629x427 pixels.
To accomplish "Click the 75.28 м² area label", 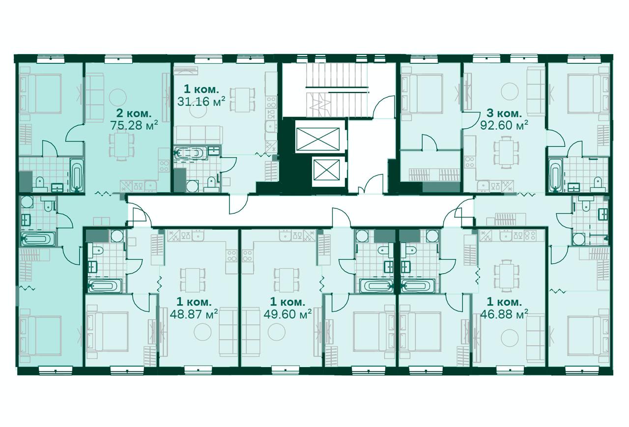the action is coord(134,125).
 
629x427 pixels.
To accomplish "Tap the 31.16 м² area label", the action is coord(201,101).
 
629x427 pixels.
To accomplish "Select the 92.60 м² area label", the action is coord(504,125).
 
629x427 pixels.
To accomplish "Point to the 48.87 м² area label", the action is coord(194,314).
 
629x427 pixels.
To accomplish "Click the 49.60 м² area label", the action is coord(287,314).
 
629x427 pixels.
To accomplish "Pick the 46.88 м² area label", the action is coord(504,314).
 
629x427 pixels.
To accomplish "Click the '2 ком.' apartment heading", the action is coord(134,114).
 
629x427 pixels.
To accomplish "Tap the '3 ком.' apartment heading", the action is coord(504,114).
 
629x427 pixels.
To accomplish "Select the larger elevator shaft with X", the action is coord(317,139).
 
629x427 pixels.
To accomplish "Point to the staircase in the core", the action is coord(337,89).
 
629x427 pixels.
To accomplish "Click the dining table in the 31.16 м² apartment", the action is coord(243,99).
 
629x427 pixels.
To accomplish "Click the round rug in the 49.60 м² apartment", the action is coord(277,332).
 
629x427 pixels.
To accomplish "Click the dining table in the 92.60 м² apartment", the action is coord(506,152).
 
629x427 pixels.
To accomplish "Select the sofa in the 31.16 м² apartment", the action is coord(198,135).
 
